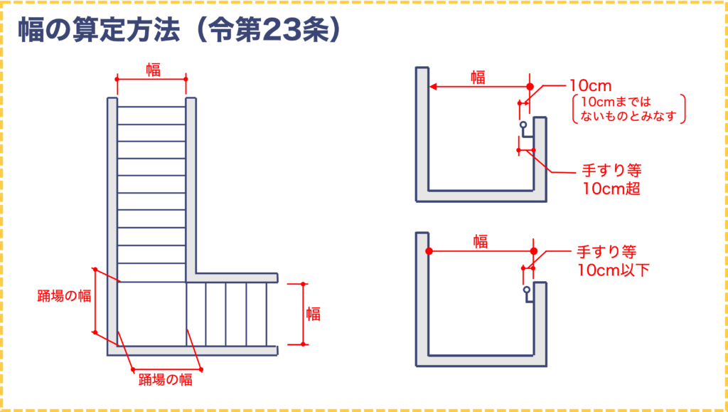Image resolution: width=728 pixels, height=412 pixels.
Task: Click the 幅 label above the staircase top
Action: coord(153,70)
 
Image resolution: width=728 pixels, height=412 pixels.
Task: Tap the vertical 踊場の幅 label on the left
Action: coord(65,296)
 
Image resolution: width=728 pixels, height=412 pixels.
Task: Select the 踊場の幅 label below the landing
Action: coord(166,379)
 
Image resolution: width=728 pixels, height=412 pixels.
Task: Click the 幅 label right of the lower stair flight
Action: coord(313,313)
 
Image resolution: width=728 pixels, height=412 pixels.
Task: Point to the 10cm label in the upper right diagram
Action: coord(587,85)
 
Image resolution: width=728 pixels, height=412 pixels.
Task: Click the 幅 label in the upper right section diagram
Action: coord(478,78)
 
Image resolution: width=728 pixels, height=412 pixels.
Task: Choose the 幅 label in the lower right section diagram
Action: coord(481,242)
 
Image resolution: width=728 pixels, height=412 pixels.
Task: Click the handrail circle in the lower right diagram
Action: coord(527,290)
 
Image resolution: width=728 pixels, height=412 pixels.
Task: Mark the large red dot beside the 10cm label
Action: coord(530,86)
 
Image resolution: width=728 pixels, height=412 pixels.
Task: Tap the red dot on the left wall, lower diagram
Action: coord(429,251)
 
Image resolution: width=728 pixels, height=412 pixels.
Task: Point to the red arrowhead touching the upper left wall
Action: coord(433,87)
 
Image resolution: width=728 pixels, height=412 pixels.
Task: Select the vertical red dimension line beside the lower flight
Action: coord(304,313)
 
